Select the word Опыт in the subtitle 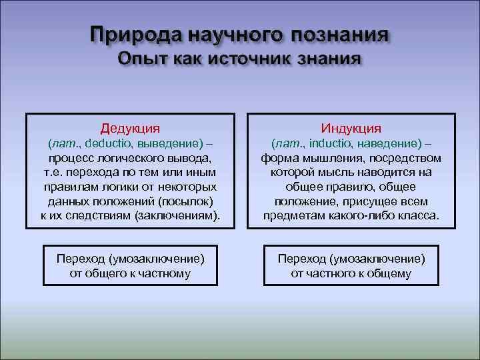pos(143,59)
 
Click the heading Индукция pos(351,127)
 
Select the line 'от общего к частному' pos(130,273)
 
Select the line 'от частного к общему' pos(351,273)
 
